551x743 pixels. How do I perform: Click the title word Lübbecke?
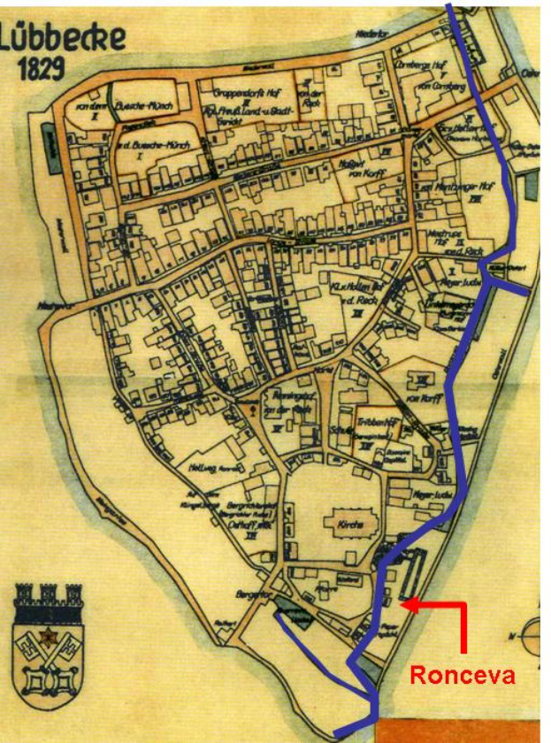(65, 38)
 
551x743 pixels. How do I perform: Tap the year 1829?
(43, 71)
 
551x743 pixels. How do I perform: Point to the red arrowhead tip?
(402, 605)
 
